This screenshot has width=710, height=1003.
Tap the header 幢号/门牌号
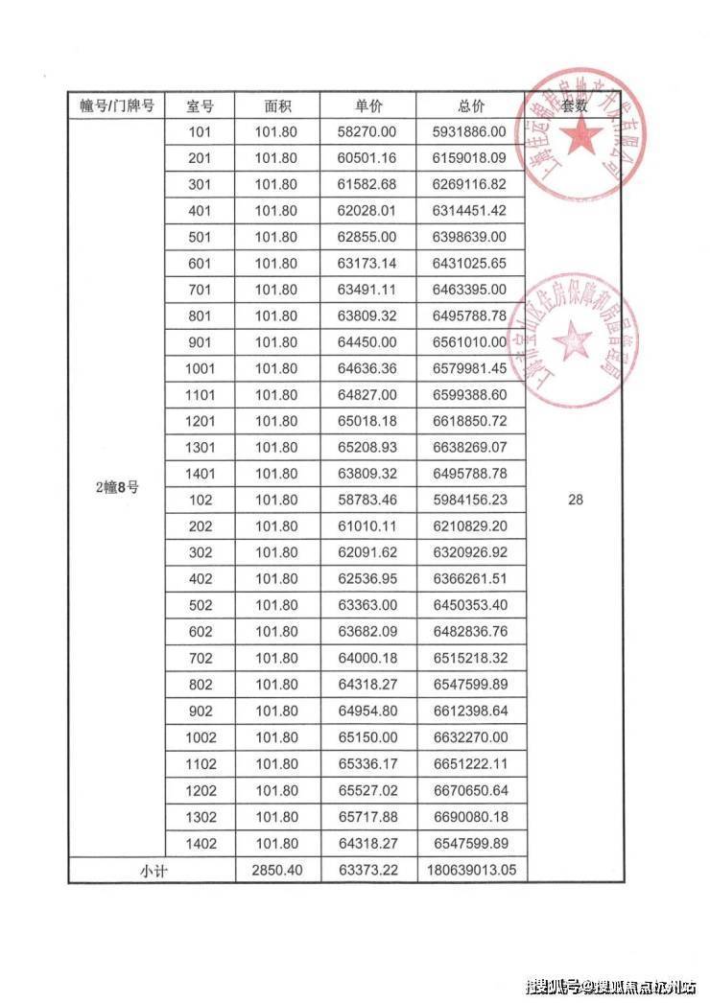click(117, 105)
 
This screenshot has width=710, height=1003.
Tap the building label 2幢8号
click(117, 487)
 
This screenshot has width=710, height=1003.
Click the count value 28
click(575, 500)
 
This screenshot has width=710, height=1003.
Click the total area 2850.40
click(276, 870)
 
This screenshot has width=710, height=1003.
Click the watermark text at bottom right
click(611, 986)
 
